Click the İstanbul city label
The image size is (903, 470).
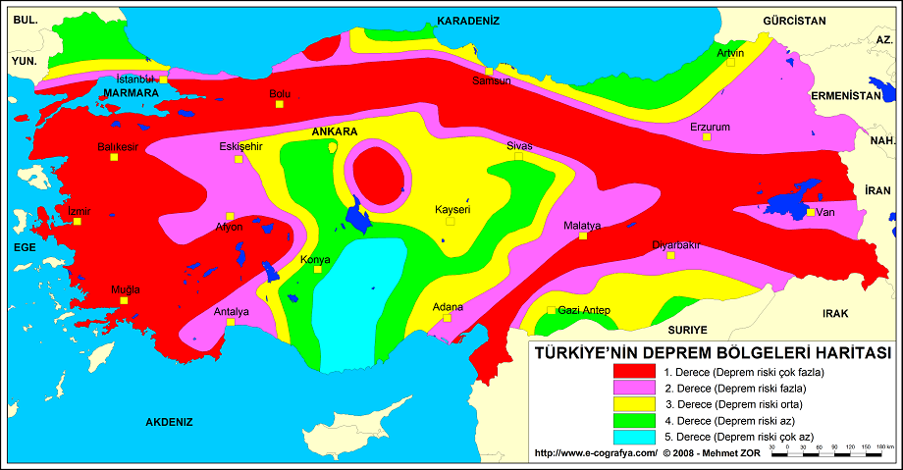(135, 78)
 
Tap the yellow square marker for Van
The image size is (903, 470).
(809, 211)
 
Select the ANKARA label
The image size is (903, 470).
(334, 131)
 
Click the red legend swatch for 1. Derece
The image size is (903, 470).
(633, 373)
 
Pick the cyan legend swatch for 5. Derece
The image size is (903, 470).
(633, 436)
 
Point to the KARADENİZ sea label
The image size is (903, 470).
(468, 20)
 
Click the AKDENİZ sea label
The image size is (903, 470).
(169, 422)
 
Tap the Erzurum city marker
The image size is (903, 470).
(705, 137)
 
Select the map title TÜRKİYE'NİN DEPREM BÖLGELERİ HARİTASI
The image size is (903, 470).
(711, 352)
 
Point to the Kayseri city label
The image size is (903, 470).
(453, 209)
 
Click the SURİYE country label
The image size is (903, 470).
(688, 332)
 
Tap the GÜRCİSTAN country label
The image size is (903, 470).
(794, 20)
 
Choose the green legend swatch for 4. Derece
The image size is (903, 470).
(633, 420)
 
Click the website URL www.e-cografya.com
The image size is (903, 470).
(595, 453)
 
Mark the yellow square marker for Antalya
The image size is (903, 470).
(230, 322)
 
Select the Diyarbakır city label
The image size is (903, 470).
(676, 245)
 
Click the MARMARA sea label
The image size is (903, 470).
(131, 93)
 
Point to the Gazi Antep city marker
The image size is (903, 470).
(549, 311)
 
